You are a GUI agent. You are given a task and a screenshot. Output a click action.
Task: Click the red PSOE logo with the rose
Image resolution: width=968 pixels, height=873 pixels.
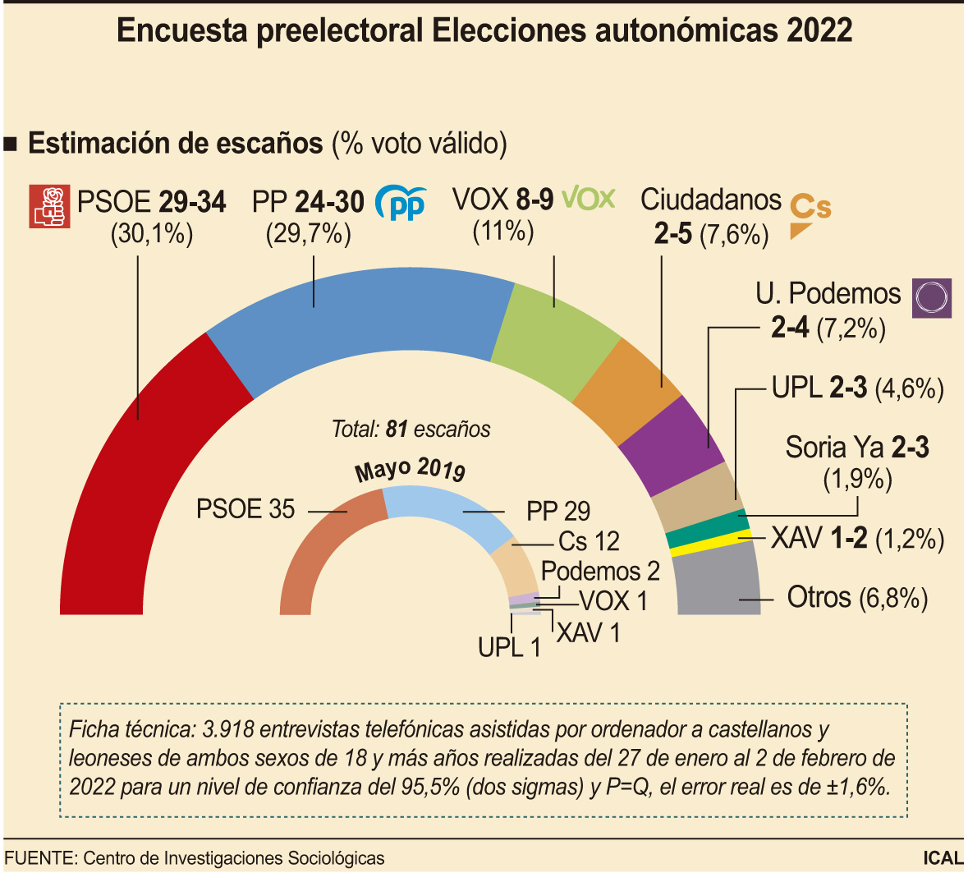(50, 206)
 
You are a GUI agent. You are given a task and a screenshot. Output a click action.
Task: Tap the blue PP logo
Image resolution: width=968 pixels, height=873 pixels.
(401, 203)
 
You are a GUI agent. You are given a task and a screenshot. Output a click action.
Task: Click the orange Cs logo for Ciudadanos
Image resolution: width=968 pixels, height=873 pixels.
(810, 215)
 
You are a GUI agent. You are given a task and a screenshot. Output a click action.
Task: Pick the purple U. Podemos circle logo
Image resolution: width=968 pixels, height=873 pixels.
(932, 297)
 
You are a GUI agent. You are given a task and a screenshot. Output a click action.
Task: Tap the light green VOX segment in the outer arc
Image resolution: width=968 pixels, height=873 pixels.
(558, 337)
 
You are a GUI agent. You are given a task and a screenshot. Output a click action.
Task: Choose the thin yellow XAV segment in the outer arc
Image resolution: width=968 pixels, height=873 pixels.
(711, 544)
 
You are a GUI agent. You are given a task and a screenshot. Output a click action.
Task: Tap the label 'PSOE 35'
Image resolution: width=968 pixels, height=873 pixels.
(245, 509)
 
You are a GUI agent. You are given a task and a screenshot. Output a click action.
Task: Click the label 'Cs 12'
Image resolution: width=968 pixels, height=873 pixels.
(589, 541)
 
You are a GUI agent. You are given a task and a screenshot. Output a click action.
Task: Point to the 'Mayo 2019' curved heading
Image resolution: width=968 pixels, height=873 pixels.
(411, 470)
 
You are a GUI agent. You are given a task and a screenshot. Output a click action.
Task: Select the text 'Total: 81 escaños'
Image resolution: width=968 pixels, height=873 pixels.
(411, 429)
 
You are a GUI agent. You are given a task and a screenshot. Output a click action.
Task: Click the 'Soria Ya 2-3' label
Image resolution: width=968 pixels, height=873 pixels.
(856, 448)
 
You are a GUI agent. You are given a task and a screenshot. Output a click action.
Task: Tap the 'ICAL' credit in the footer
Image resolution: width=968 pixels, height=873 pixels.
(943, 857)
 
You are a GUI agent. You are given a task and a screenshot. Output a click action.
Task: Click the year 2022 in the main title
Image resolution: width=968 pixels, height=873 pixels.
(819, 30)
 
